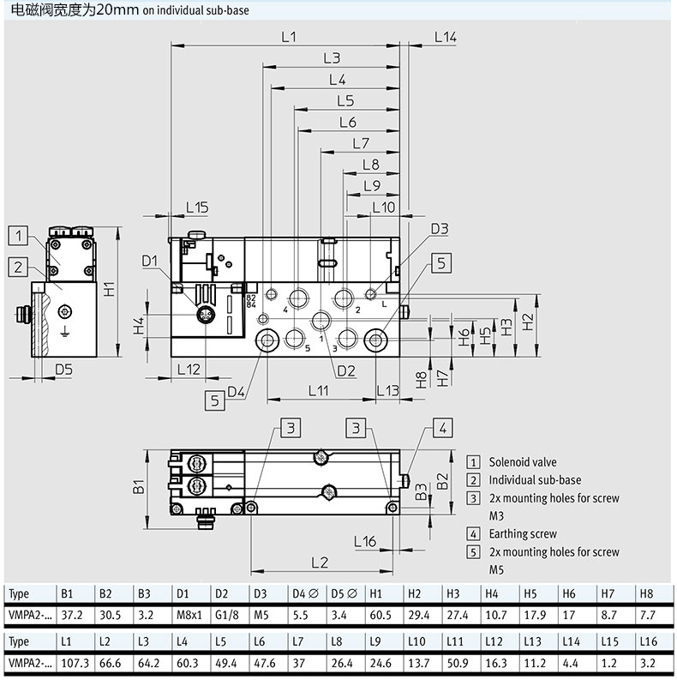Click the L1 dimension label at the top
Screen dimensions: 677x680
tap(289, 37)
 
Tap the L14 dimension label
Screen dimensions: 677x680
tap(446, 37)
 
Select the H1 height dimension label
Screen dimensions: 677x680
tap(109, 289)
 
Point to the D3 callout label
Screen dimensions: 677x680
tap(440, 229)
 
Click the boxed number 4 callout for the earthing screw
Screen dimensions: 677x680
tap(442, 429)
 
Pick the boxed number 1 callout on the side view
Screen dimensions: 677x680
tap(18, 236)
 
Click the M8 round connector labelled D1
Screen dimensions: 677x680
tap(205, 314)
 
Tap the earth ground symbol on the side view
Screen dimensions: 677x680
tap(64, 332)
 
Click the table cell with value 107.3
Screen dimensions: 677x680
tap(75, 663)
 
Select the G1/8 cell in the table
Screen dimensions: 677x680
tap(227, 615)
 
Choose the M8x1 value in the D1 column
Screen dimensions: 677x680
tap(189, 615)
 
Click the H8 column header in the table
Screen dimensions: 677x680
tap(646, 593)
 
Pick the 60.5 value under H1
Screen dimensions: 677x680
tap(380, 615)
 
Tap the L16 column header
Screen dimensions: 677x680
tap(649, 641)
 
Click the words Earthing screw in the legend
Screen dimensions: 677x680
tap(523, 534)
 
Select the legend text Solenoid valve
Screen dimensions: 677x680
tap(523, 462)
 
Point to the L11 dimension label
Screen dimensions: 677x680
tap(319, 391)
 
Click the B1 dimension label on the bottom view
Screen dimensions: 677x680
tap(138, 486)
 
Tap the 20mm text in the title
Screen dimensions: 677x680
tap(117, 10)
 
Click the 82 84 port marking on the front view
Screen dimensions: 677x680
tap(250, 301)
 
